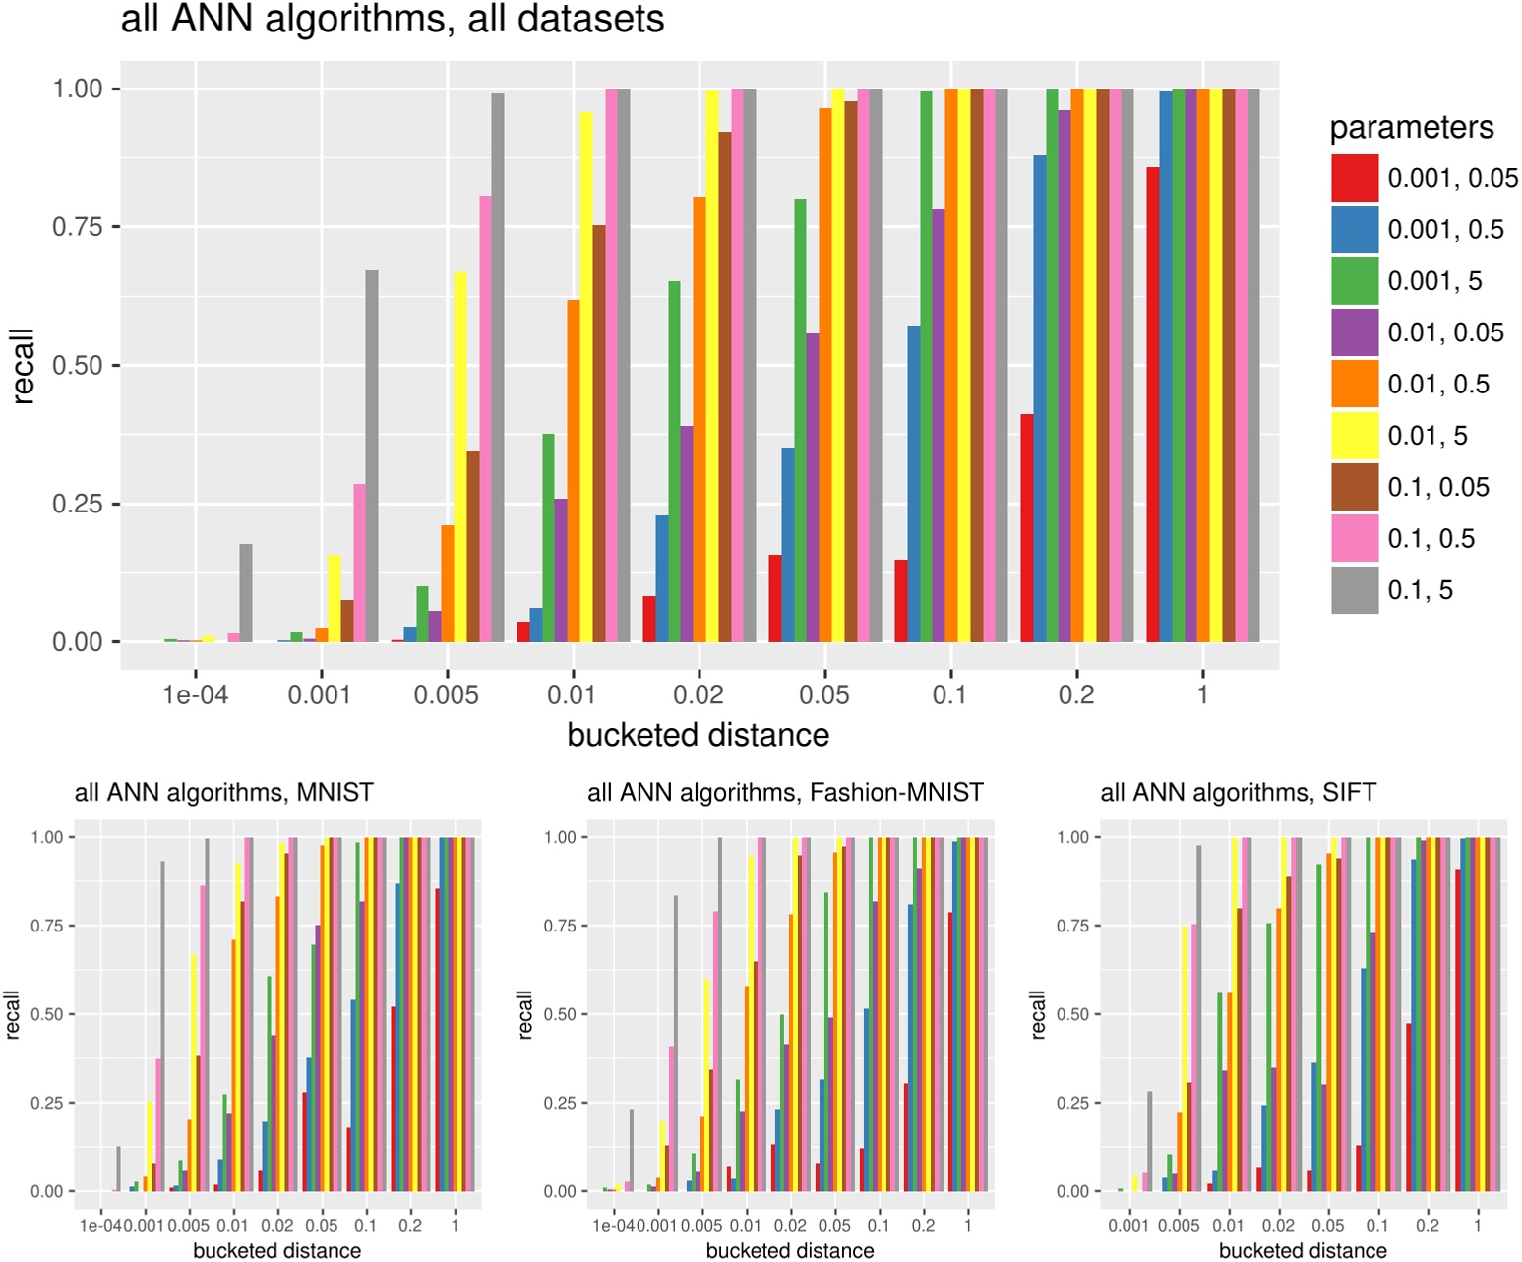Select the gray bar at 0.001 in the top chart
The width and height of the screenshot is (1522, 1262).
point(372,455)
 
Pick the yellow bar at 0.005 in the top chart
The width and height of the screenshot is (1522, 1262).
point(459,457)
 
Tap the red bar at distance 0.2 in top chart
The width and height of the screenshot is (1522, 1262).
point(1027,528)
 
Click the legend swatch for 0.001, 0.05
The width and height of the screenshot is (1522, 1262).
point(1355,178)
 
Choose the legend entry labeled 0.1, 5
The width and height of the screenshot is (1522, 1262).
point(1420,590)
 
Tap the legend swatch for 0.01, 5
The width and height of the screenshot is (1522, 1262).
point(1355,436)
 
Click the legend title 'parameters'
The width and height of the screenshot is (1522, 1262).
point(1411,128)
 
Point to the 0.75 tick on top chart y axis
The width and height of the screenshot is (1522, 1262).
point(77,227)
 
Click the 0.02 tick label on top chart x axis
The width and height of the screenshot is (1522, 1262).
point(699,695)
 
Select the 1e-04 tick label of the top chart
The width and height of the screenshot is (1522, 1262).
point(195,695)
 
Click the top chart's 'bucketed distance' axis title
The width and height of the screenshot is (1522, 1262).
point(698,735)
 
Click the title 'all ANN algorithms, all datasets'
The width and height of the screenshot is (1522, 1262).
point(392,20)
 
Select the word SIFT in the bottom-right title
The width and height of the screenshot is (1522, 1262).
point(1349,792)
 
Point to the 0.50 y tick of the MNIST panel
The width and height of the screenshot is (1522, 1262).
point(46,1014)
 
